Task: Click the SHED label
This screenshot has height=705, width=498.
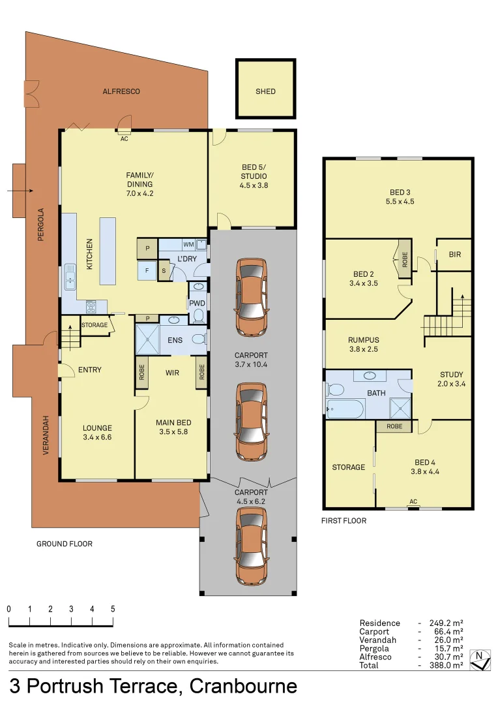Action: (x=265, y=91)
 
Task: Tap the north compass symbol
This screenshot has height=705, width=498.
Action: (x=480, y=660)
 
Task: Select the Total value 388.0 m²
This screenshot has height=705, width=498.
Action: (x=449, y=665)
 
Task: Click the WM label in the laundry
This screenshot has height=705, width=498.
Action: (x=188, y=245)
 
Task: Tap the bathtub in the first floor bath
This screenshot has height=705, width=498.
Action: (x=345, y=410)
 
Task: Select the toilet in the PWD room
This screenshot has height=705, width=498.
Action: (x=198, y=316)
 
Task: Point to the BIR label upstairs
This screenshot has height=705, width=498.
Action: (x=454, y=254)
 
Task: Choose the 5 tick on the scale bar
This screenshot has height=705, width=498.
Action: (x=113, y=608)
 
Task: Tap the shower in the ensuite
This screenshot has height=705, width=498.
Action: (x=147, y=339)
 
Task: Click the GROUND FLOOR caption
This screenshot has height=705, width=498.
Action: (x=65, y=544)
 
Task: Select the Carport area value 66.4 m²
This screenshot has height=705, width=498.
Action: (x=449, y=631)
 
